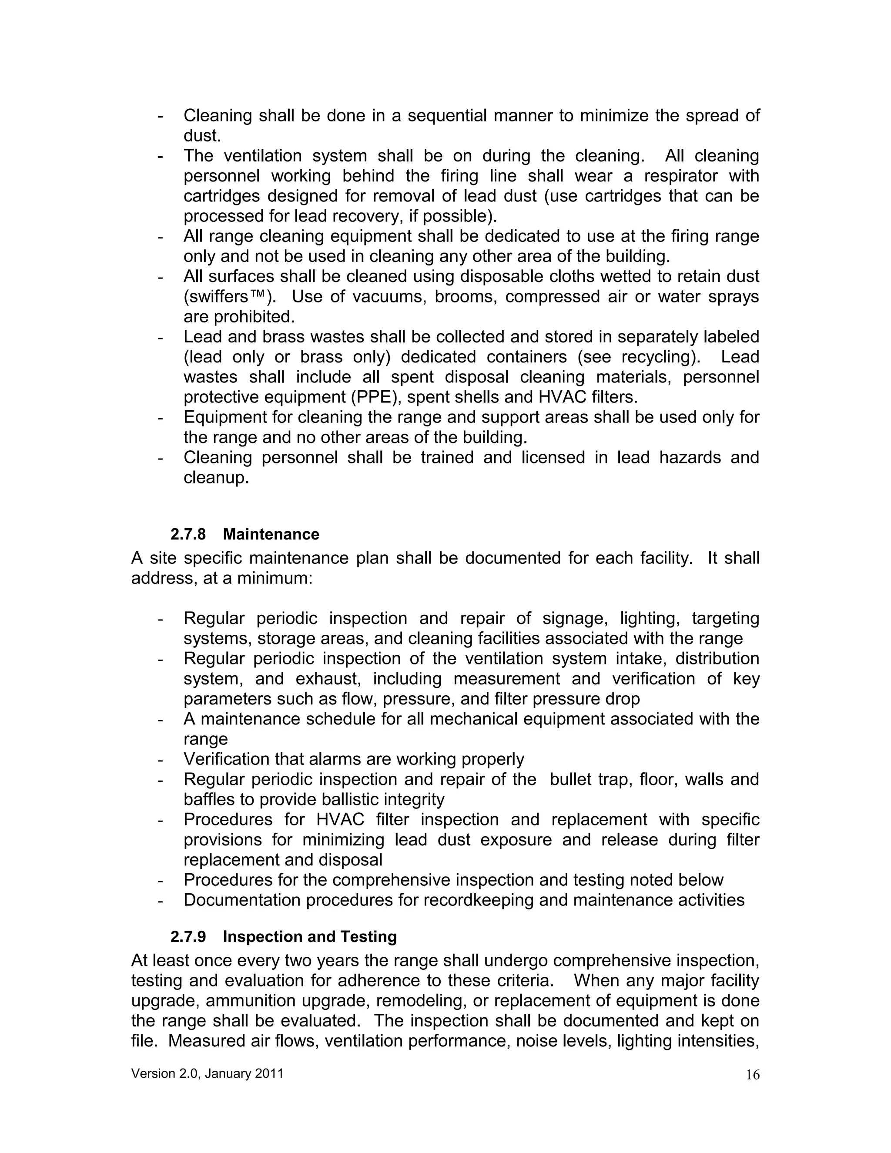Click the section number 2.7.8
pos(188,534)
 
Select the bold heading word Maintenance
pos(271,534)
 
